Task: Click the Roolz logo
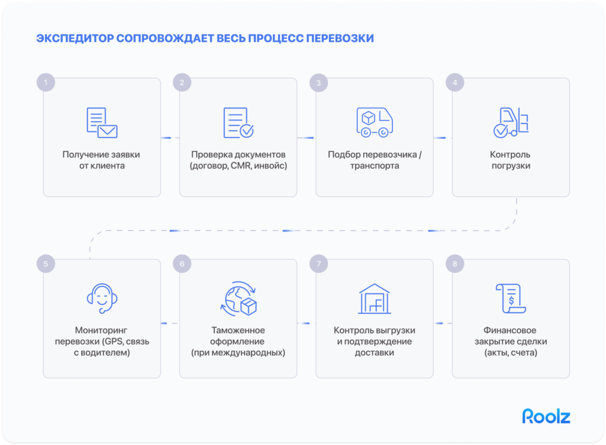point(546,416)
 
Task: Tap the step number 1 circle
point(46,82)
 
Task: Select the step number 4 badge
point(455,82)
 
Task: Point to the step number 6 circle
point(182,264)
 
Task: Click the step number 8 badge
point(455,264)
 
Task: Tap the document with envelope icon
point(102,123)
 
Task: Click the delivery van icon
point(375,122)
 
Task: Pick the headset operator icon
point(102,298)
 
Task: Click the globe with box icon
point(238,298)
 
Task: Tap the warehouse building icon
point(375,298)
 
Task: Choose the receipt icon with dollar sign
point(511,298)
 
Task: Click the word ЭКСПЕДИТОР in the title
point(75,38)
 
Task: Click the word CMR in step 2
point(241,165)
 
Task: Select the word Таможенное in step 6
point(238,330)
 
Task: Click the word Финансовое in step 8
point(510,330)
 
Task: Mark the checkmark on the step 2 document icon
point(247,131)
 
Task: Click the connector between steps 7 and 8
point(443,323)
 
